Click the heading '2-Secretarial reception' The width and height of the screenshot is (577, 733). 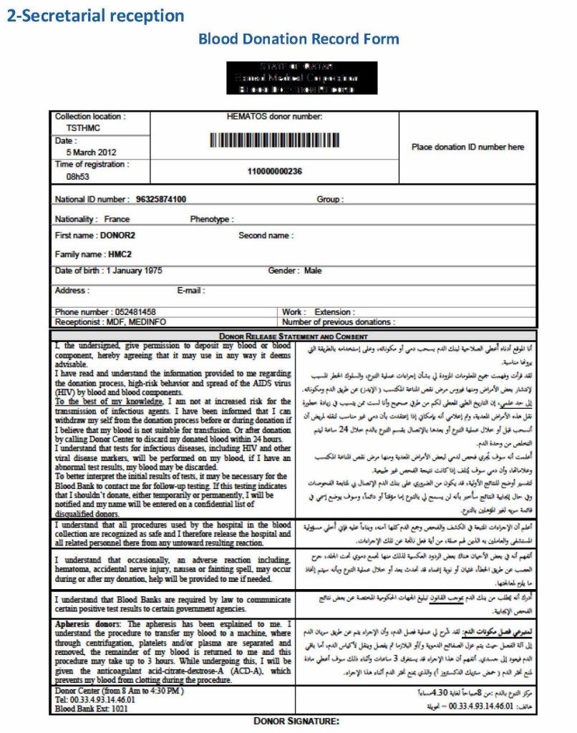pos(95,15)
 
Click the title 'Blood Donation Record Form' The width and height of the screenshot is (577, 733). pos(299,39)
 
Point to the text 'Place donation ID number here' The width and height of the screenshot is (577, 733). pos(467,147)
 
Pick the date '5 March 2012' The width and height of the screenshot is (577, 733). pos(91,152)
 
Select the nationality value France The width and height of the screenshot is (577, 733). pos(117,219)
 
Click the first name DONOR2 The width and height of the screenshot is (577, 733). pos(117,236)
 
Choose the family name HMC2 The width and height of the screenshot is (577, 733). pos(120,254)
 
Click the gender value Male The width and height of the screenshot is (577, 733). pos(313,271)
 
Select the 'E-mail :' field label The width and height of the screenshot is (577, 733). pos(191,291)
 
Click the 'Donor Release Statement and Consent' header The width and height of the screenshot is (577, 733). pos(294,336)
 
